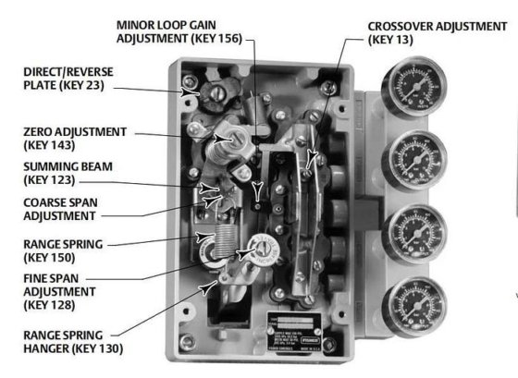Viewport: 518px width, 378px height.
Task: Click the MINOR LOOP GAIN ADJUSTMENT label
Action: pos(175,30)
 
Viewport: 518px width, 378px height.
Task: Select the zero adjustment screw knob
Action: pos(227,143)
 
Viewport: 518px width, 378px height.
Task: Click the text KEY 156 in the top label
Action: pos(214,39)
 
